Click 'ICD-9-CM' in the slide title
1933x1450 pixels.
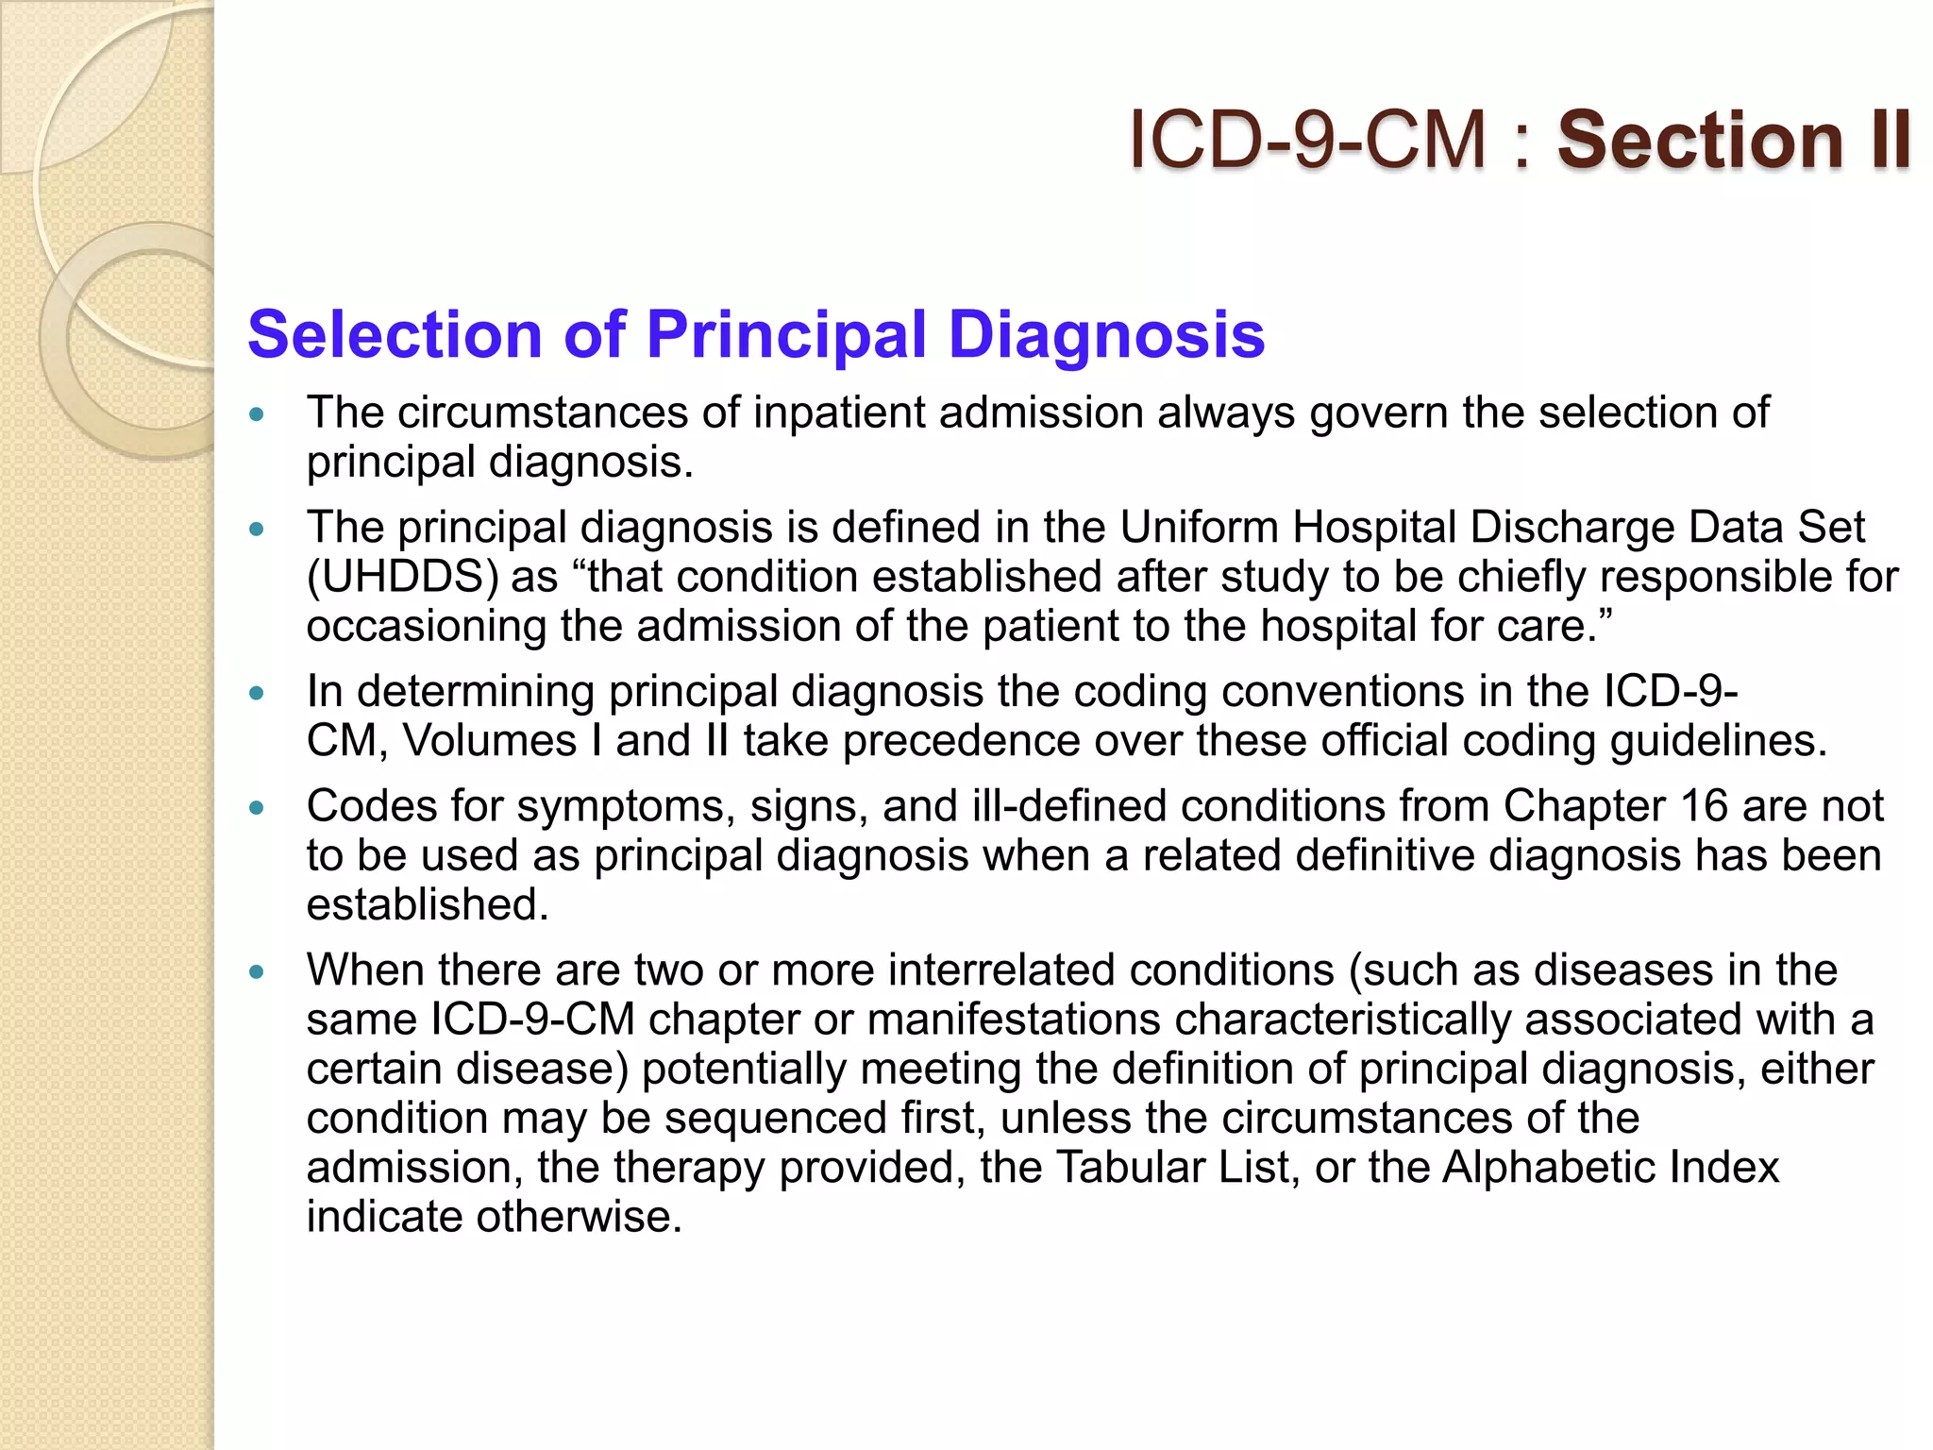(x=1308, y=140)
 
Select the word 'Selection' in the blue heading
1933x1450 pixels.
(x=395, y=334)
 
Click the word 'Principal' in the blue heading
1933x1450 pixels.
(x=786, y=334)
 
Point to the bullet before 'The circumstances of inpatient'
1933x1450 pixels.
(x=257, y=413)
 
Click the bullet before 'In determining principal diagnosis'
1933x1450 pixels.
(x=257, y=693)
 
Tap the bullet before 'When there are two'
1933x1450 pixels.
(x=257, y=971)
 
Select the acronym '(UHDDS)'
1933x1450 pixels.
(x=402, y=577)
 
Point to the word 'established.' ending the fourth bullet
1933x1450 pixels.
(x=428, y=904)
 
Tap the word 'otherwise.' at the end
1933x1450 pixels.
(x=579, y=1217)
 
